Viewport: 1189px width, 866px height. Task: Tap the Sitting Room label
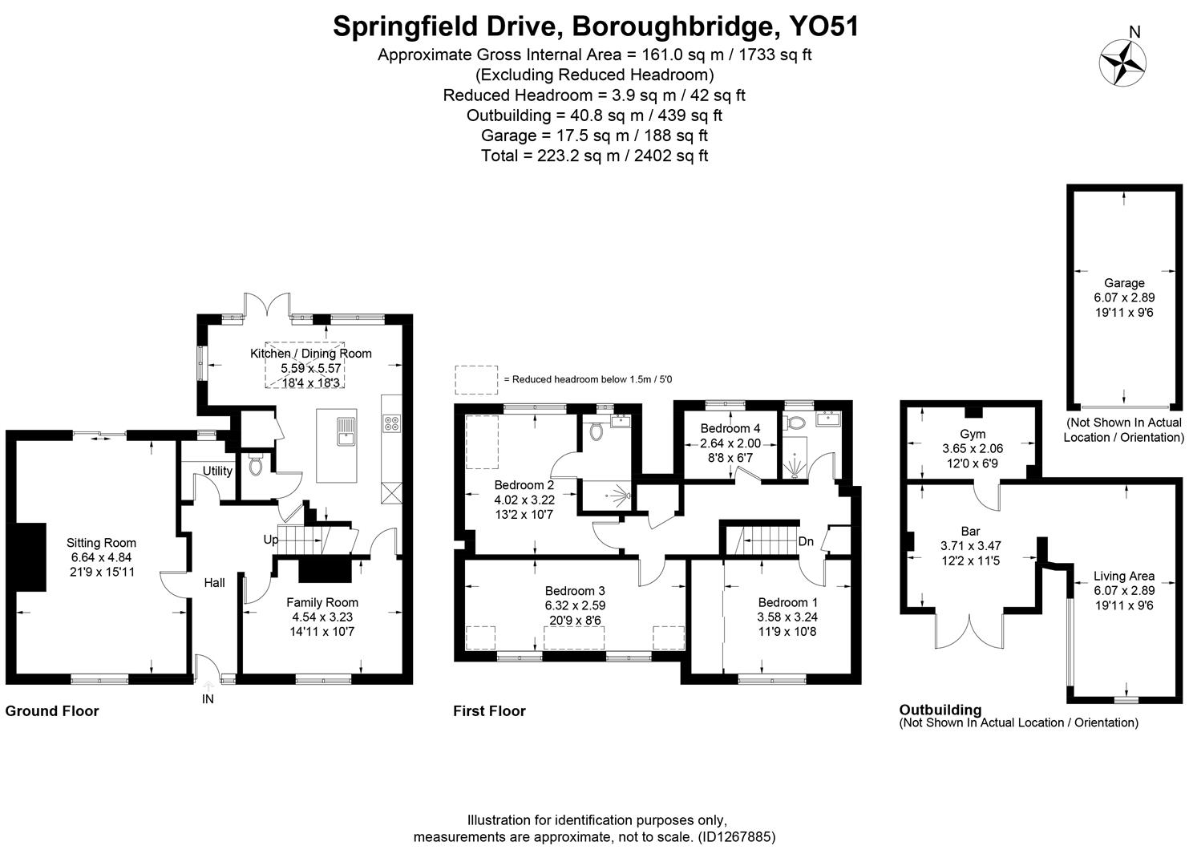101,543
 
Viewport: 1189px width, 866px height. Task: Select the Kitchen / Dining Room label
311,354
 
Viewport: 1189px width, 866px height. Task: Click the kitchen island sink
346,431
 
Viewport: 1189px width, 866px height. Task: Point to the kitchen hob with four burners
392,423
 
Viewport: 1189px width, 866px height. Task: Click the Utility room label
217,471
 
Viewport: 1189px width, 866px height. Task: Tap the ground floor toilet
256,464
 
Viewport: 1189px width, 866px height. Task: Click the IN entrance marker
208,698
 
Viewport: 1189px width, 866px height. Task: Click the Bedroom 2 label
524,485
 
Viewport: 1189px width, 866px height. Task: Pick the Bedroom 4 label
730,428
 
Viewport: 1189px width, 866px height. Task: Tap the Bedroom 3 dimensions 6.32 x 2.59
575,605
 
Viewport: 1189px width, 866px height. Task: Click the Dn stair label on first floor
806,541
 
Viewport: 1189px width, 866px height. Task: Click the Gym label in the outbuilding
972,435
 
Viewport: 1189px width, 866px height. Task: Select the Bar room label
970,531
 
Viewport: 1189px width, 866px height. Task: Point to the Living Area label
1124,576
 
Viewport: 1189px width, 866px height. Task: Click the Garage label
1124,283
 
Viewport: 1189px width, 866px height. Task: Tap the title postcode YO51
824,26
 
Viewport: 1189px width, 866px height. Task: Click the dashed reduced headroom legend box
476,379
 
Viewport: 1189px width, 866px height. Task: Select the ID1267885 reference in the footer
736,837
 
